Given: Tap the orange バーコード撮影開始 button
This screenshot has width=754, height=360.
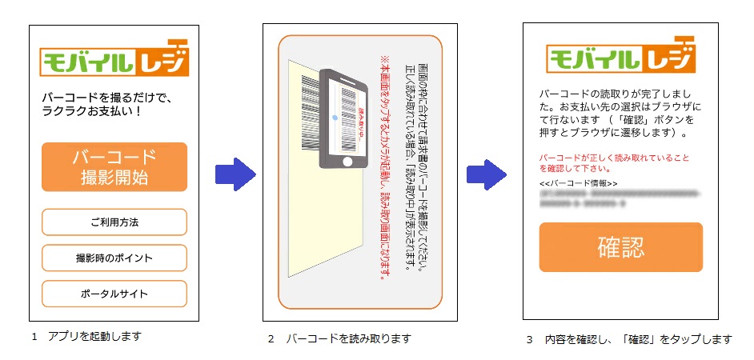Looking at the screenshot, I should [x=114, y=167].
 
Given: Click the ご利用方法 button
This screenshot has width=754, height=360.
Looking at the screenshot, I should [x=114, y=222].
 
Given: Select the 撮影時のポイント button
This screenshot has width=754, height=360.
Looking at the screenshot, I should [x=114, y=258].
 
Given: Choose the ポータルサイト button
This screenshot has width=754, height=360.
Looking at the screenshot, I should [x=114, y=294].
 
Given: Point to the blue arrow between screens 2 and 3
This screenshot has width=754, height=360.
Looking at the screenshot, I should [x=487, y=174].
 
